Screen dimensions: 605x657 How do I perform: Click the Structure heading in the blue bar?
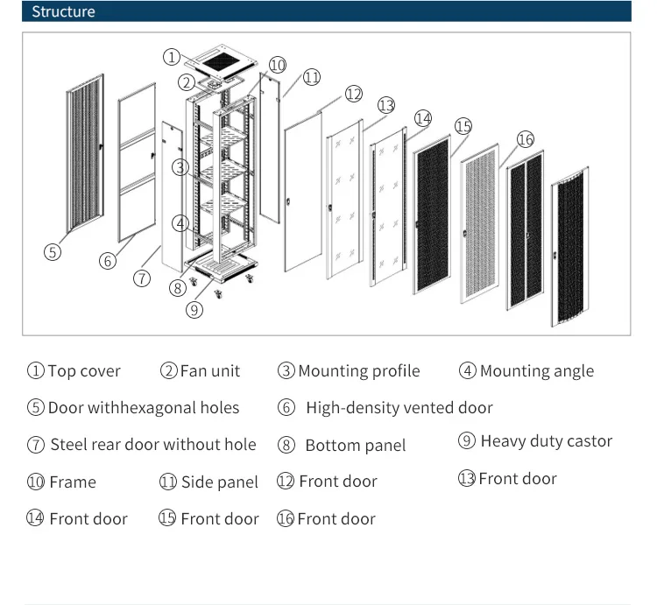coord(63,12)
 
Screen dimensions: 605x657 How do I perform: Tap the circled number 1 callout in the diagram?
coord(172,57)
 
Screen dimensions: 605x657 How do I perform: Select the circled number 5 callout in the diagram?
coord(53,252)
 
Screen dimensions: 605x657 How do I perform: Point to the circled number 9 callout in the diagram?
coord(194,309)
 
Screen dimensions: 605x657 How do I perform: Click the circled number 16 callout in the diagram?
coord(525,139)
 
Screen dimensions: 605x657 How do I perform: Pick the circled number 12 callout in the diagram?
coord(353,94)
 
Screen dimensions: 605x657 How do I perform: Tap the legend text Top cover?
coord(84,371)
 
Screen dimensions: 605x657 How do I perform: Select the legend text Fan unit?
coord(209,371)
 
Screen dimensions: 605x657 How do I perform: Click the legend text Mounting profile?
coord(358,371)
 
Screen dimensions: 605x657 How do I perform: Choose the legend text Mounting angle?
coord(536,371)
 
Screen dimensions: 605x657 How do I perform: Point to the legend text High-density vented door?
coord(399,408)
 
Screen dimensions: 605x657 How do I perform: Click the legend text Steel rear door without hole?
coord(152,445)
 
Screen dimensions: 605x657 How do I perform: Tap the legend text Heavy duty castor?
coord(546,441)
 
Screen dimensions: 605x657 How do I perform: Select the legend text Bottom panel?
coord(355,446)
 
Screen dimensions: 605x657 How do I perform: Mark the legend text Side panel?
coord(219,482)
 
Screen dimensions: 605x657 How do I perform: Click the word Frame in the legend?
coord(73,482)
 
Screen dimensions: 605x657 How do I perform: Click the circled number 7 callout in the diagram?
coord(143,278)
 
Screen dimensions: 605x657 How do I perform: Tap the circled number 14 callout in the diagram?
coord(423,117)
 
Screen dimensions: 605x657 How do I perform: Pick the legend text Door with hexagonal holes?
coord(143,408)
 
